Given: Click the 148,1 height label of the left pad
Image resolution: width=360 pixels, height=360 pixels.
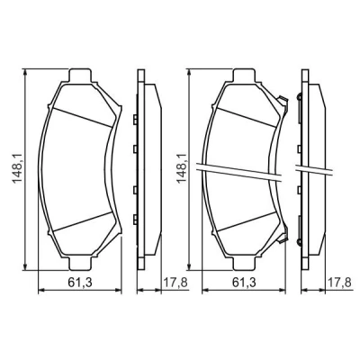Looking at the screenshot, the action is point(17,169).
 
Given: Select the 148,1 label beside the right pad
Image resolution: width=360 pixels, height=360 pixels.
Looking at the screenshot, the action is point(182,168).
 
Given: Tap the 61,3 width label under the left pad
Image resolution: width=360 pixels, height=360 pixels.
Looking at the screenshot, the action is point(80,283).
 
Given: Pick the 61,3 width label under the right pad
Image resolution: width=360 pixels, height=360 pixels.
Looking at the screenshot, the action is point(244,283).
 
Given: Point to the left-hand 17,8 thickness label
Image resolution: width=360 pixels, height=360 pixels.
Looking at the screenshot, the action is point(175,283).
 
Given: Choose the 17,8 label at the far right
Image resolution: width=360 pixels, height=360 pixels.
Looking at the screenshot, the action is point(339,283).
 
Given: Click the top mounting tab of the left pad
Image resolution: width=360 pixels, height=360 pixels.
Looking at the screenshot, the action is point(80,75).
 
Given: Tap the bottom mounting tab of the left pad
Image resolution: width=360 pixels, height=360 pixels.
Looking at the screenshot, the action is point(80,264).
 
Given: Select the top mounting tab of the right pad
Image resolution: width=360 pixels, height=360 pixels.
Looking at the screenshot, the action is point(244,75).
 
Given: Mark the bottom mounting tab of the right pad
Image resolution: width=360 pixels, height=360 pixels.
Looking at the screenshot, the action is point(244,264).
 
